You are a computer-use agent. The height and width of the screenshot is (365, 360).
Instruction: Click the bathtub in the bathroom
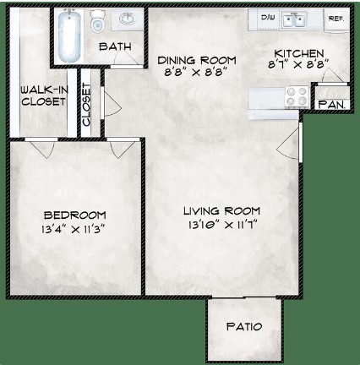(68, 35)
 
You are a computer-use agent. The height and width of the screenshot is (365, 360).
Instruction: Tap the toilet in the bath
(97, 21)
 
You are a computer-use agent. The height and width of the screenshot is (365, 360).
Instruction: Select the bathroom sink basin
(128, 19)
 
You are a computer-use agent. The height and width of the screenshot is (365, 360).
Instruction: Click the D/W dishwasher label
(268, 18)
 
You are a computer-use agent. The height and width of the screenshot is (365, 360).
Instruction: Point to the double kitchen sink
(294, 20)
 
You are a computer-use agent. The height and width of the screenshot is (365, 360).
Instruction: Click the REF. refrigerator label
(336, 19)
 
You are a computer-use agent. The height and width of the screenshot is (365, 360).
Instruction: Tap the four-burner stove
(297, 96)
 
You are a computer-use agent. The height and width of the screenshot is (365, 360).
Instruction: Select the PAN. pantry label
(332, 105)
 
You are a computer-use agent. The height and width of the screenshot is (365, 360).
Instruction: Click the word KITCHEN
(299, 53)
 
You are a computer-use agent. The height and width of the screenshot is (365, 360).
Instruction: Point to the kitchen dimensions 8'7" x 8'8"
(298, 64)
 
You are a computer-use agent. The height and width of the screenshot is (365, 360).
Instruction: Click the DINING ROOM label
(197, 60)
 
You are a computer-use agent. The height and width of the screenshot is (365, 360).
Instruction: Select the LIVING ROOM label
(221, 210)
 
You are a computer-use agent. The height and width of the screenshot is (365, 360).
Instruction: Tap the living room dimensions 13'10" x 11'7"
(223, 225)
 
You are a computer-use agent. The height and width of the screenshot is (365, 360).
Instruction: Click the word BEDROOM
(75, 215)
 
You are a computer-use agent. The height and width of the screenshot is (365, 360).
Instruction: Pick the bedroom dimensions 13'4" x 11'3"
(74, 229)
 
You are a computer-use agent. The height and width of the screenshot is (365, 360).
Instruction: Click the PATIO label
(244, 326)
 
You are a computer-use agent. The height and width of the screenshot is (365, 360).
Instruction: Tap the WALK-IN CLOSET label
(44, 95)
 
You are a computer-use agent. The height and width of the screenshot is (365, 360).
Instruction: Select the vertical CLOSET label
(86, 105)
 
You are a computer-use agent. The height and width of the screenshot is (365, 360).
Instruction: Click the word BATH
(115, 46)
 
